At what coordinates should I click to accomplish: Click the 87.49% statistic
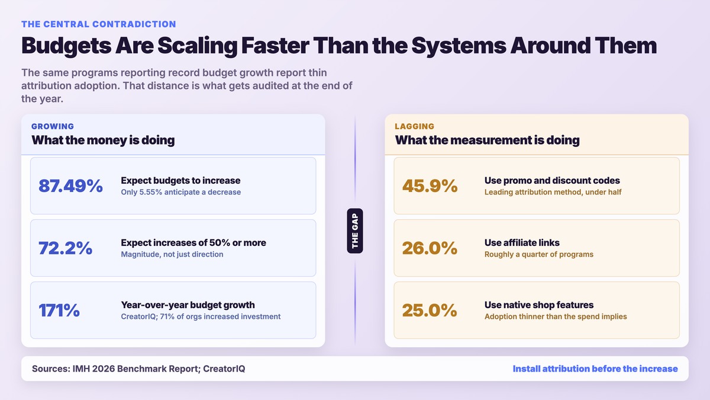pos(70,185)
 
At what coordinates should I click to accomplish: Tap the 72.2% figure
pos(65,248)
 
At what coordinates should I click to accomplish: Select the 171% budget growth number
pos(59,310)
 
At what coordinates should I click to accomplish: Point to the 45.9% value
pos(430,185)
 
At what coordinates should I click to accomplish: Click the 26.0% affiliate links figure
pos(430,248)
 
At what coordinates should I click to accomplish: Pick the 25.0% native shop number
pos(430,310)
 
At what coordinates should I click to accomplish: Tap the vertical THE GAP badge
pos(355,231)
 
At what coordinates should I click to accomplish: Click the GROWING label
pos(53,126)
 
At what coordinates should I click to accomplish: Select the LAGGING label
pos(415,126)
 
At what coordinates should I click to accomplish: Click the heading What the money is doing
pos(103,140)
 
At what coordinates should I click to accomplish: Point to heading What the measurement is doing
pos(487,140)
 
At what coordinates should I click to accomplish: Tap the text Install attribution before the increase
pos(595,369)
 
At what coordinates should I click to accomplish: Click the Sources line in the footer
pos(138,369)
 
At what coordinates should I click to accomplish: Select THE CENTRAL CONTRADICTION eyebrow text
pos(99,24)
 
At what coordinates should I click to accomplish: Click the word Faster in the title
pos(275,46)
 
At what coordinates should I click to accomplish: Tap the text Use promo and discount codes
pos(552,180)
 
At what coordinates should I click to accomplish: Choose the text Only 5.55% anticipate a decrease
pos(181,192)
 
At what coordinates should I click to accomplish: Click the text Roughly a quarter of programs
pos(539,254)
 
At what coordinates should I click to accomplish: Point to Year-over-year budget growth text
pos(188,305)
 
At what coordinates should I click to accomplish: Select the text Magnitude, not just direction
pos(172,254)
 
